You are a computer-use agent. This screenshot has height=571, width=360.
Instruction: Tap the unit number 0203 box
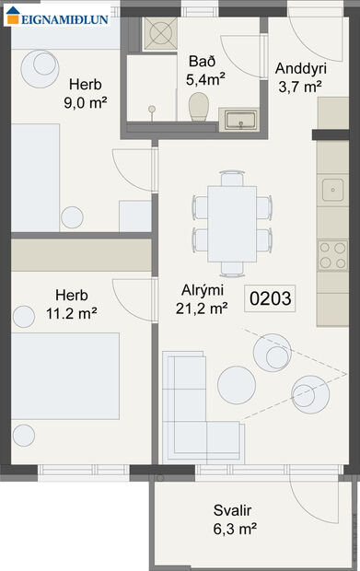[x=271, y=297]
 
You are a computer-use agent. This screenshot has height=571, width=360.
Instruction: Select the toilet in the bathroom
[x=197, y=110]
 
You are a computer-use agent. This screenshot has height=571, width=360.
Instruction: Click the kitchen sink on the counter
[x=332, y=191]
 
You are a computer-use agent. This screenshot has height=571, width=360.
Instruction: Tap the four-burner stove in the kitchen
[x=332, y=254]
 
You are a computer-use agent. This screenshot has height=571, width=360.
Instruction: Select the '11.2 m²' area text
[x=71, y=313]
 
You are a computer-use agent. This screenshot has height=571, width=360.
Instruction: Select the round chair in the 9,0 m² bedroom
[x=42, y=64]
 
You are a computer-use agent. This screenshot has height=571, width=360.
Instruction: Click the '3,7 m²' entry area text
[x=298, y=87]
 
